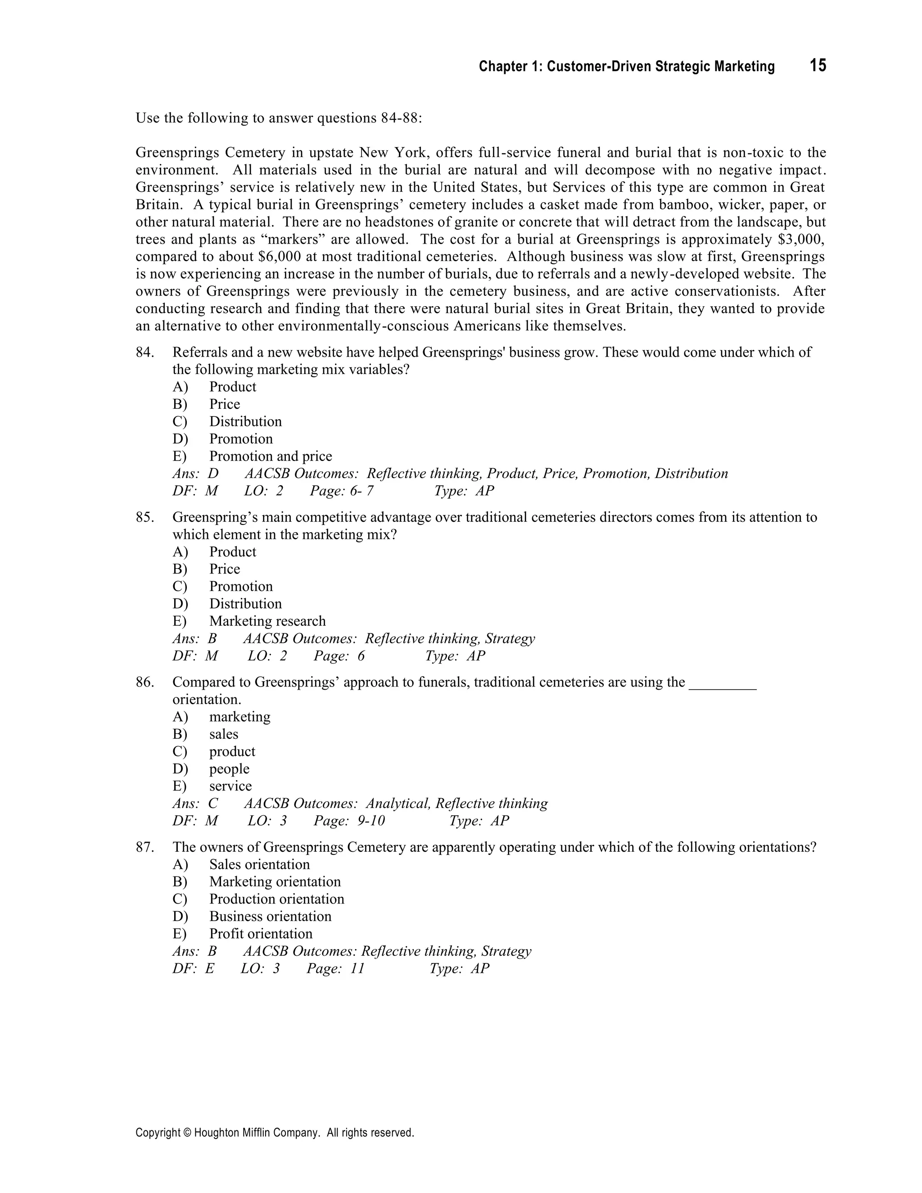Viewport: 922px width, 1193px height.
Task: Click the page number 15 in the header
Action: pos(818,66)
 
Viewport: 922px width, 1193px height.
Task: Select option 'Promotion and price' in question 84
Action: pos(271,456)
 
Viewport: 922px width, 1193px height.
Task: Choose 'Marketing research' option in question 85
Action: pos(267,621)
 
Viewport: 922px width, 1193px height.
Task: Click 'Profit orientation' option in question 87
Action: pos(261,934)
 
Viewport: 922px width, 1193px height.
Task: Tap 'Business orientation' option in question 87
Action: pos(270,916)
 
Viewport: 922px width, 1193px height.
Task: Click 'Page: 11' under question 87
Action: pos(335,968)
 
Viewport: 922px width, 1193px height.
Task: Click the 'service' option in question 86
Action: pos(230,786)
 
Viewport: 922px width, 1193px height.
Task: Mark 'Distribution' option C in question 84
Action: pos(245,422)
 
